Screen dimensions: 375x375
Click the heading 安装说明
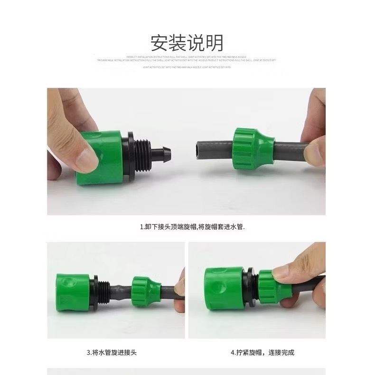187,43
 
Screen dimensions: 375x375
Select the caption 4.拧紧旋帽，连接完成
262,353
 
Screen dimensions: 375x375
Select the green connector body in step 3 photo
73,288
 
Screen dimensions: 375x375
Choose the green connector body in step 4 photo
222,286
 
